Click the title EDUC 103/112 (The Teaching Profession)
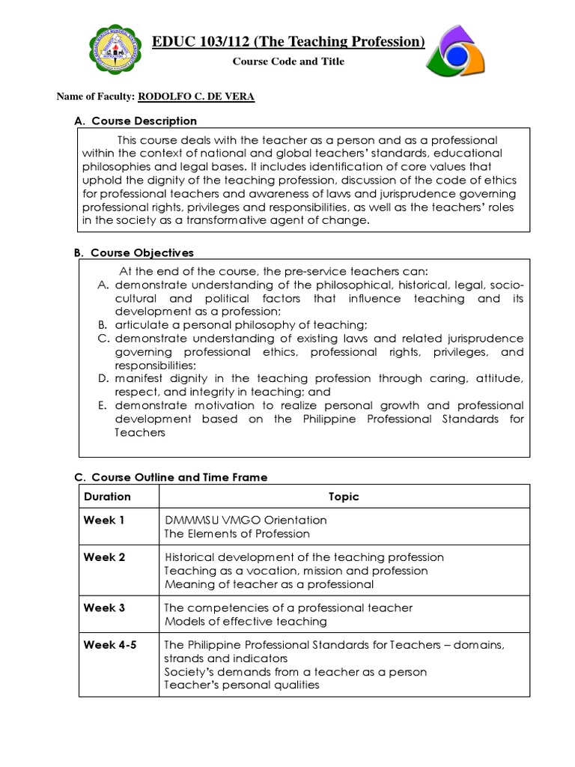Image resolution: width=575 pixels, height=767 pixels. [x=288, y=41]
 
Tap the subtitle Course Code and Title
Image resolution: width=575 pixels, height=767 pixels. [x=288, y=61]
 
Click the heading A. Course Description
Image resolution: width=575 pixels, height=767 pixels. [x=135, y=121]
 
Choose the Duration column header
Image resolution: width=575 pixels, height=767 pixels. [x=107, y=497]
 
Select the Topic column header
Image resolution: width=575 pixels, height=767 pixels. [x=344, y=497]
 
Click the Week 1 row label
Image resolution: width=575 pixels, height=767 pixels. [x=104, y=520]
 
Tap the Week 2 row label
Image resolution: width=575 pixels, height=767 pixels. [x=104, y=557]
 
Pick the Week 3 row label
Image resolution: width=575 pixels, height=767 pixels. [x=104, y=607]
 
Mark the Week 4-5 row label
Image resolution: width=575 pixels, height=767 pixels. [x=110, y=645]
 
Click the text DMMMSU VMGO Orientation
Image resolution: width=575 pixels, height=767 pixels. [x=246, y=520]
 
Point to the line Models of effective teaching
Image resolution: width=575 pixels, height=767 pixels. [x=246, y=622]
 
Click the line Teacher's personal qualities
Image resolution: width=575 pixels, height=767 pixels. [x=242, y=685]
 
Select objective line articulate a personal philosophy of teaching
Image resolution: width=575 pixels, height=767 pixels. [x=241, y=325]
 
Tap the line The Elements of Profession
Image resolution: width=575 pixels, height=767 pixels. [x=237, y=533]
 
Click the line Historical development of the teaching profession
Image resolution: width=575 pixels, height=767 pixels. [x=304, y=557]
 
